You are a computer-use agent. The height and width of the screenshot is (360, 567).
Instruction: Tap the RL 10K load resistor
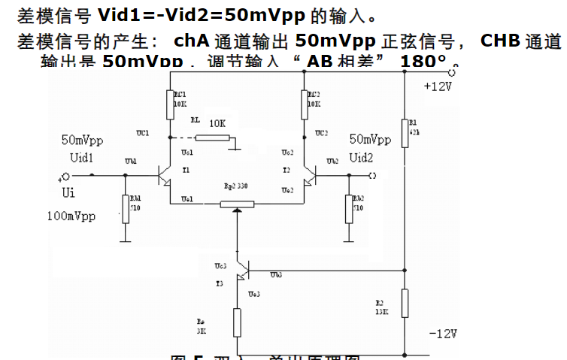213,138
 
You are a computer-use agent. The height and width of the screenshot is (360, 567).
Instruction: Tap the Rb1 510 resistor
126,208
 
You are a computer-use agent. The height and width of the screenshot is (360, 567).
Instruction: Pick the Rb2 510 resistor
349,208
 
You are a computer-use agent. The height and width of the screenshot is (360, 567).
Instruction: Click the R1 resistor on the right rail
405,129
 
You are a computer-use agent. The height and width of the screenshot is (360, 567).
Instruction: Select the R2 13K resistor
405,302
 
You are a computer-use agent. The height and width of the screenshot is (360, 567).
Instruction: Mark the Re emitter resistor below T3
238,322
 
